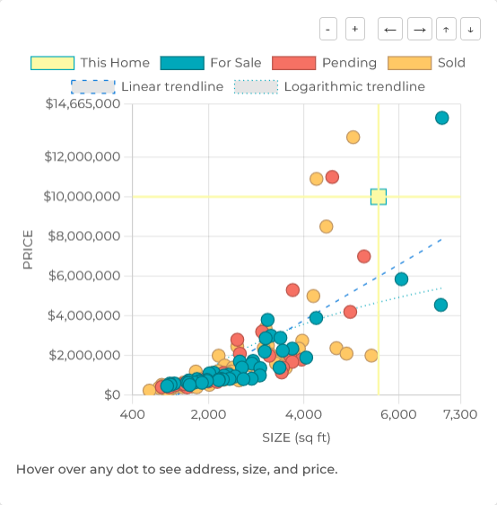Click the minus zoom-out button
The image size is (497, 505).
point(328,29)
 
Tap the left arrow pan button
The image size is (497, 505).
point(390,29)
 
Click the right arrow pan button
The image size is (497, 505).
point(419,29)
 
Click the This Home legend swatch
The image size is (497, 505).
point(52,63)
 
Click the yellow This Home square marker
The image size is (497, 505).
point(379,197)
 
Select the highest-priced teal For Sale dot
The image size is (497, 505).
point(441,118)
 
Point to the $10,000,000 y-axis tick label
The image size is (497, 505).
point(83,197)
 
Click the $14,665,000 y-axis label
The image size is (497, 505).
point(83,103)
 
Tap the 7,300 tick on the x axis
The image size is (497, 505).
point(460,414)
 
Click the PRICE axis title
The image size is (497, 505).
point(28,250)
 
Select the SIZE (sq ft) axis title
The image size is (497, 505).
point(296,438)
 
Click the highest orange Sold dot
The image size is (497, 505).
point(353,137)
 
